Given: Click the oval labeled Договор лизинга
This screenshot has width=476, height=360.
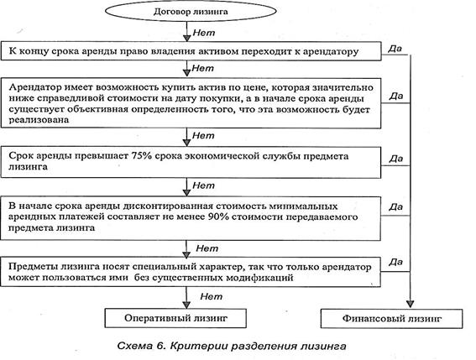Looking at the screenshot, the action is pyautogui.click(x=191, y=11).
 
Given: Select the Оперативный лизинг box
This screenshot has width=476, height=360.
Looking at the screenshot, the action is pyautogui.click(x=175, y=318).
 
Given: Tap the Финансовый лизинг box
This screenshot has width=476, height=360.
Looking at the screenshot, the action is pyautogui.click(x=391, y=319).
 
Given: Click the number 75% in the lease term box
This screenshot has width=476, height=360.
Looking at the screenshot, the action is pyautogui.click(x=142, y=156).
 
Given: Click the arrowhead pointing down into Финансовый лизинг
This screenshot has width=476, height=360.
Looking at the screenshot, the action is pyautogui.click(x=411, y=304).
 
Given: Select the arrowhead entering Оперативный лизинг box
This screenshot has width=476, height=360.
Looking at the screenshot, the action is pyautogui.click(x=186, y=305).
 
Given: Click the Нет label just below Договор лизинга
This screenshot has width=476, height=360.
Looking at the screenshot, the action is pyautogui.click(x=204, y=33).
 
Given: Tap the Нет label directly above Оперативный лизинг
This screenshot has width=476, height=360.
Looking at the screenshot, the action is pyautogui.click(x=212, y=296).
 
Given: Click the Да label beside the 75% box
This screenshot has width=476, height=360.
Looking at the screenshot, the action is pyautogui.click(x=396, y=159).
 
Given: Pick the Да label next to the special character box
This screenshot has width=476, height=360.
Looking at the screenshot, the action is pyautogui.click(x=396, y=262).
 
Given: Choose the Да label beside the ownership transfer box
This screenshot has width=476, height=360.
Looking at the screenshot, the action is pyautogui.click(x=395, y=49).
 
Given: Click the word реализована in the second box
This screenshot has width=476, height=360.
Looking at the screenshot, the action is pyautogui.click(x=39, y=120).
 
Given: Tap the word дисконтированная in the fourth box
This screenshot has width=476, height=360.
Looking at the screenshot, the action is pyautogui.click(x=168, y=206).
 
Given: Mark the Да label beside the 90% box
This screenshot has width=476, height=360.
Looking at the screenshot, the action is pyautogui.click(x=396, y=207).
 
